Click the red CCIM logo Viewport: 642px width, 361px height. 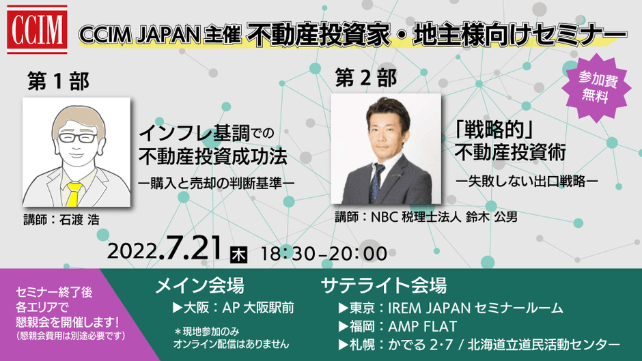pos(37,29)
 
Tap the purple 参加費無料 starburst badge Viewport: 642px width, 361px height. pos(598,87)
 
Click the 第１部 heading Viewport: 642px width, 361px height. pos(58,81)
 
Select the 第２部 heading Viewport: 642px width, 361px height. pos(365,77)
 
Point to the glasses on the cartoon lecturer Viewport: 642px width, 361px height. pos(77,138)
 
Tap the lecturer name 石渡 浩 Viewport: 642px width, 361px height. pos(79,220)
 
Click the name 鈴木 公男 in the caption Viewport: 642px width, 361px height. pos(491,216)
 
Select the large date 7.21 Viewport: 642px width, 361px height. pos(191,248)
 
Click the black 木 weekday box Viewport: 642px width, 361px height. pos(239,255)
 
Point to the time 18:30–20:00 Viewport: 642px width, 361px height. pos(324,254)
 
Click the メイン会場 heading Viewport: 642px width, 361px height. pos(199,285)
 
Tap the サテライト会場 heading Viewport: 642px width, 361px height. pos(384,285)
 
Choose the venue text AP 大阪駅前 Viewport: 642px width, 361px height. pos(258,308)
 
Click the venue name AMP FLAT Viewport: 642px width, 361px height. pos(422,327)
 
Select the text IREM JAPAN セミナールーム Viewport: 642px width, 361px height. pos(475,308)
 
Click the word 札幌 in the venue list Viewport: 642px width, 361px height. pos(362,345)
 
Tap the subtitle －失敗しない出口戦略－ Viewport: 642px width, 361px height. pos(527,181)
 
